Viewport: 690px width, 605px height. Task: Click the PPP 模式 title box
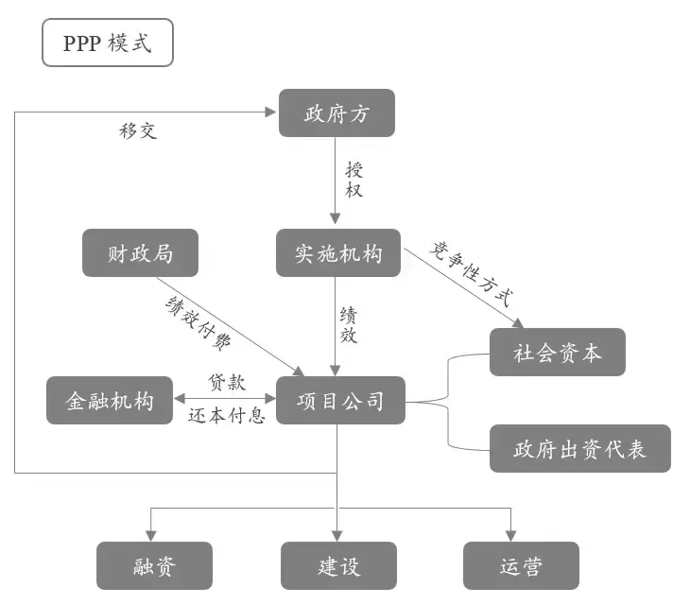(107, 44)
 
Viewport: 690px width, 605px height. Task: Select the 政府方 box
(336, 113)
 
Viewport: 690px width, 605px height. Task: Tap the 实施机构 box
(338, 252)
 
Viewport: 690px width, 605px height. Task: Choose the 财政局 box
(140, 252)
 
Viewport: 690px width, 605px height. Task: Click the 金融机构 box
(110, 400)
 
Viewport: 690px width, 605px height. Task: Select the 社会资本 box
(557, 352)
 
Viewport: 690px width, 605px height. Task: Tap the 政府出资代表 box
(579, 448)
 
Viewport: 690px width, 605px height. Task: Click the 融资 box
(154, 565)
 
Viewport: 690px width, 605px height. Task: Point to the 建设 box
(338, 565)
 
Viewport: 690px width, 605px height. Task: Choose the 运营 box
(521, 565)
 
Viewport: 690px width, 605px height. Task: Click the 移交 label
(138, 130)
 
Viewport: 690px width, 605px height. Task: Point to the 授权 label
(354, 180)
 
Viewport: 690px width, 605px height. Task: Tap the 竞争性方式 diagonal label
(470, 274)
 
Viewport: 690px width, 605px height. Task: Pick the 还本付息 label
(227, 415)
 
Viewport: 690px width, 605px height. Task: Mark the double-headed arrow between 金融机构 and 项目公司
(224, 400)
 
